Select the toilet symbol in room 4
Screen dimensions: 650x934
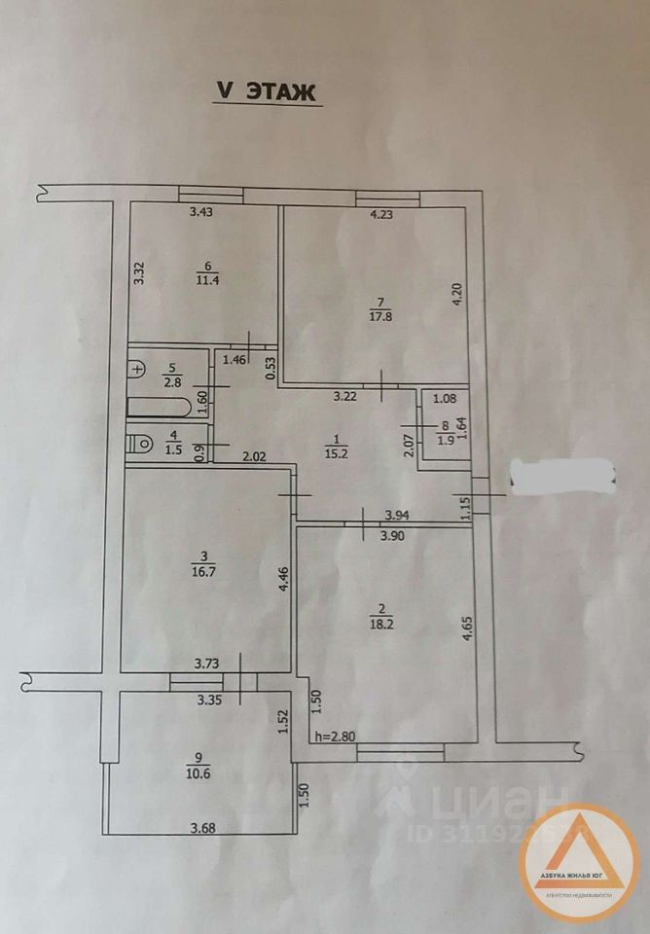pyautogui.click(x=143, y=444)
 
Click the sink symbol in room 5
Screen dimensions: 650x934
pyautogui.click(x=137, y=369)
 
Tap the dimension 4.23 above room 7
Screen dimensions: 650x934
pyautogui.click(x=380, y=216)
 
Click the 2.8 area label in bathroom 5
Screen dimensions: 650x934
pyautogui.click(x=171, y=381)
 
